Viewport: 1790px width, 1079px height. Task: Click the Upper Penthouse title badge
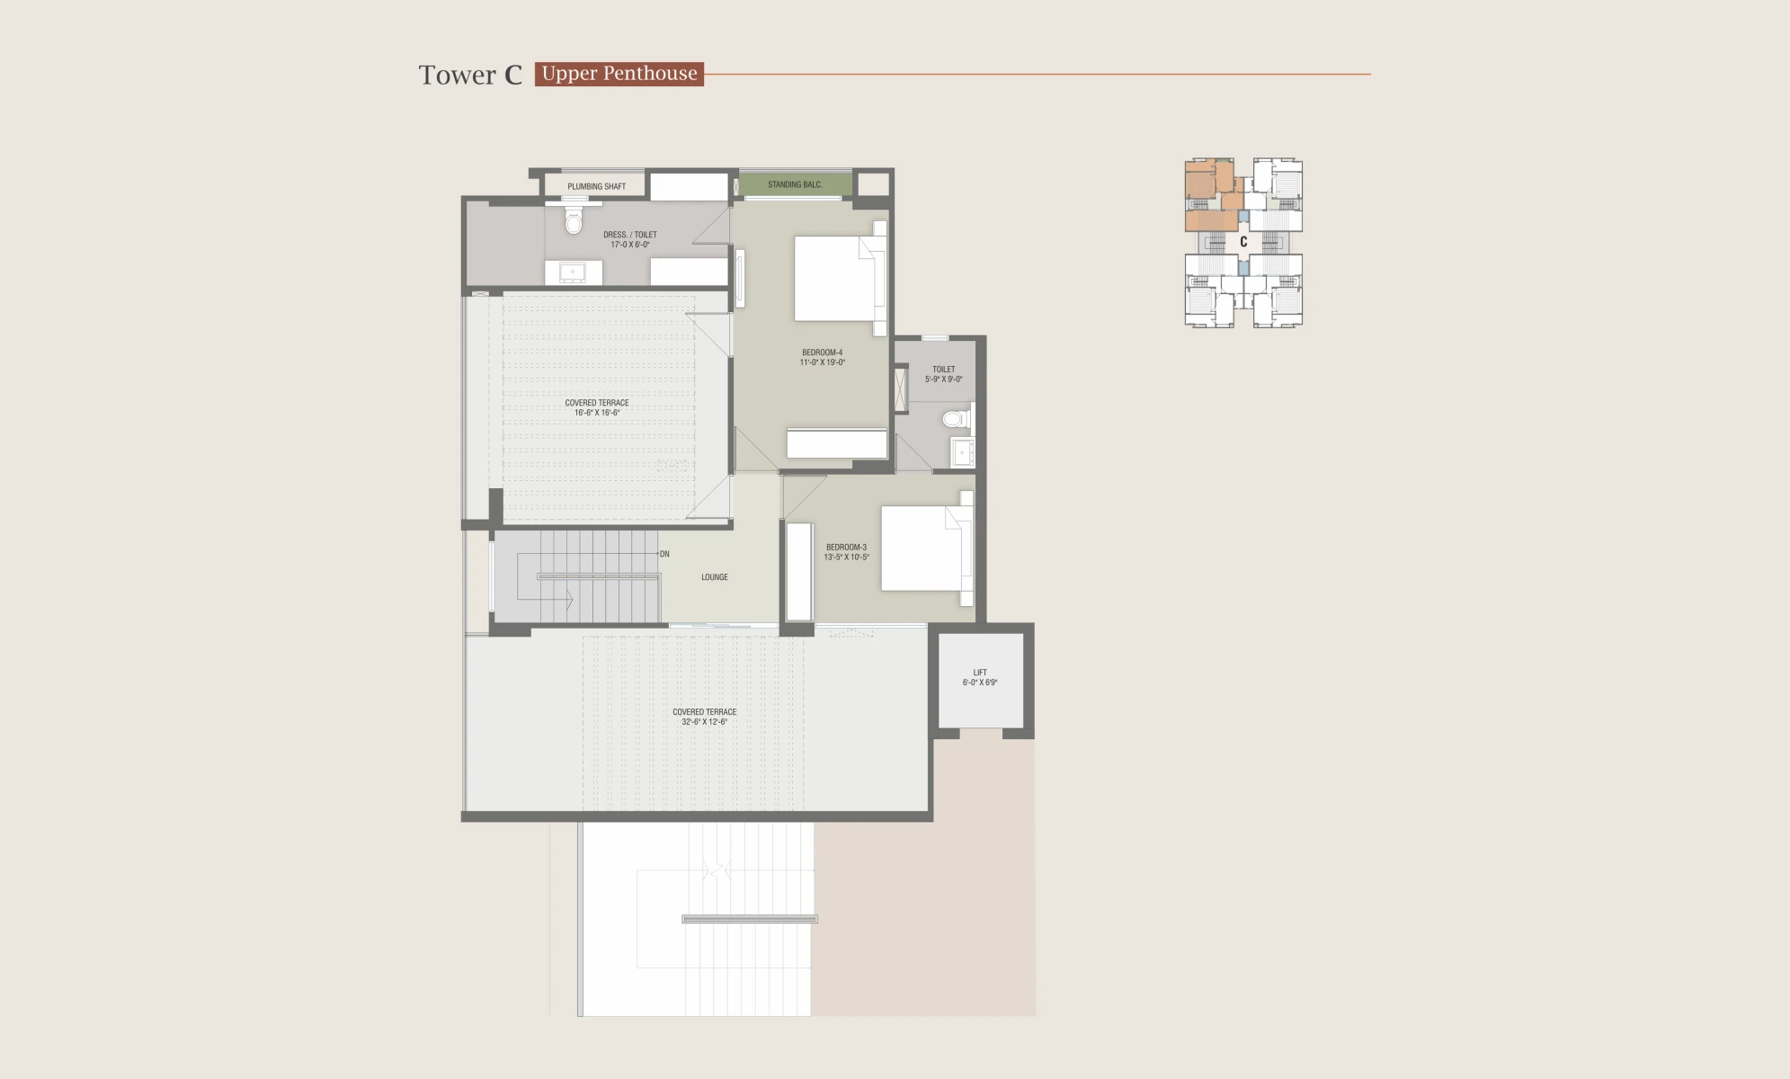(619, 74)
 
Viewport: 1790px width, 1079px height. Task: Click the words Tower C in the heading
(470, 75)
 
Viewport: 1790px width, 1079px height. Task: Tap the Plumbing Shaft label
(596, 187)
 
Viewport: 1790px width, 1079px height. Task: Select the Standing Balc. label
(795, 185)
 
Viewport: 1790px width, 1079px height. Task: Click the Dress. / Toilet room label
(630, 239)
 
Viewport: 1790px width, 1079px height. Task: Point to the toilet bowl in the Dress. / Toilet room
(574, 218)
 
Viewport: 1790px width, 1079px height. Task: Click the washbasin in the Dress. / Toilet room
(573, 272)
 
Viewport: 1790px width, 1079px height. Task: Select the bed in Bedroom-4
(840, 278)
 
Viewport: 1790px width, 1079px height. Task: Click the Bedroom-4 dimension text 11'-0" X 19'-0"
(823, 362)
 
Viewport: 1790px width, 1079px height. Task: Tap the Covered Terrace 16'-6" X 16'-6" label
(597, 408)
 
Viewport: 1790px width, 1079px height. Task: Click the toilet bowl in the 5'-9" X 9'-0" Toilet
(957, 418)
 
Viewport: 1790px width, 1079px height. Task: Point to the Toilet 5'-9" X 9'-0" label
(944, 374)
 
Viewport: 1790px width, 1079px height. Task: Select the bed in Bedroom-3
(927, 548)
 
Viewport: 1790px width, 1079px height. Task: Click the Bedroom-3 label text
(847, 547)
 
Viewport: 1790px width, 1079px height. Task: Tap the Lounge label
(715, 577)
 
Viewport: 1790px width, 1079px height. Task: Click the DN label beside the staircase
(664, 554)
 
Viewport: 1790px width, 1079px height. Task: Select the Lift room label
(980, 677)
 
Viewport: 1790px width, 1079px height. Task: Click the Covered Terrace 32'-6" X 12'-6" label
(705, 717)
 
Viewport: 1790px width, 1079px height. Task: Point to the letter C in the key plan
(1243, 242)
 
